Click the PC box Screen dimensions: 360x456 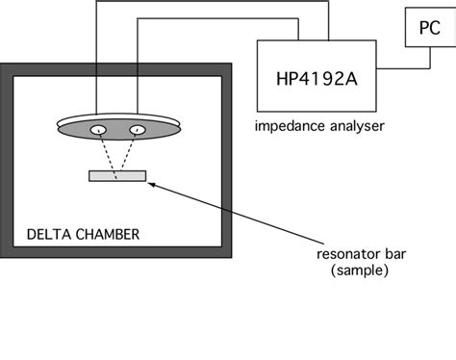(423, 32)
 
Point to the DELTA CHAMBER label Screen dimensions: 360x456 (83, 234)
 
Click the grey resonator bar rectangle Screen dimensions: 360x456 (117, 175)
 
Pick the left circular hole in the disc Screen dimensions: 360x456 (97, 130)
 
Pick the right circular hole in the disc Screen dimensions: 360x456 (139, 130)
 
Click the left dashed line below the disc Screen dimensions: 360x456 (106, 154)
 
